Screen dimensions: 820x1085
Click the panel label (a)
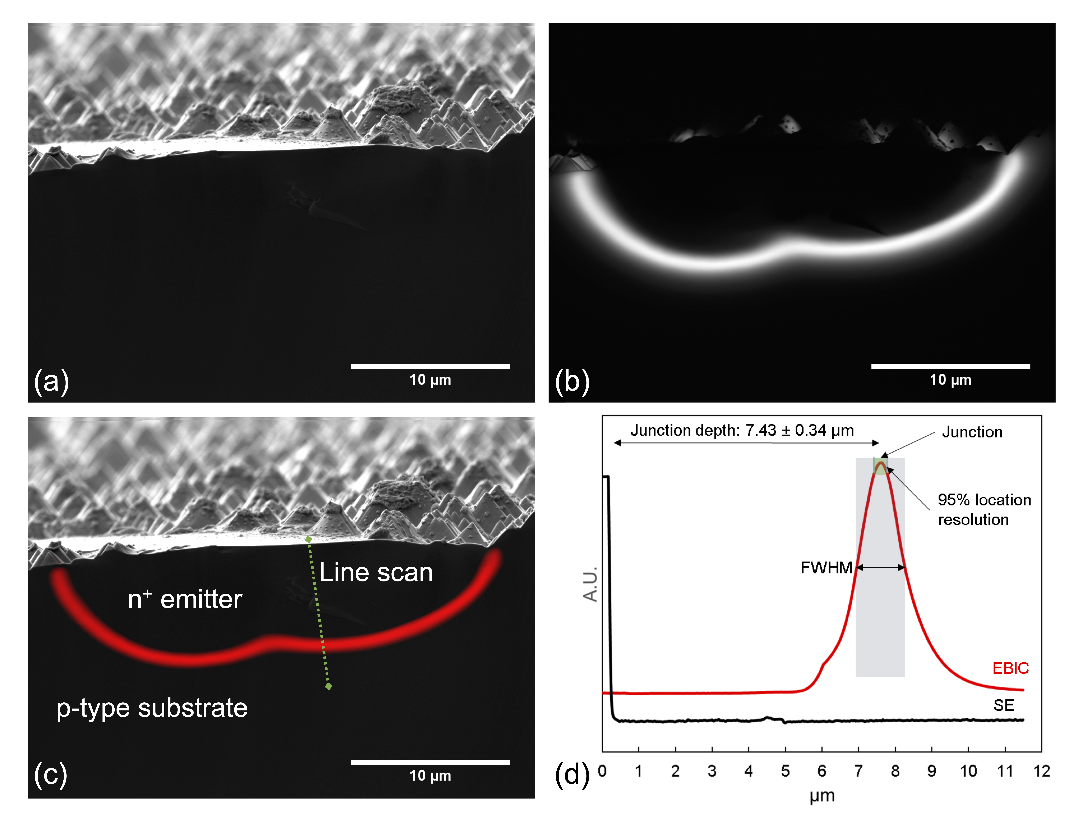point(51,381)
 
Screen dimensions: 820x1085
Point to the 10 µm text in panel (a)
point(430,380)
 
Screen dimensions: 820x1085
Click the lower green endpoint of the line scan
point(329,686)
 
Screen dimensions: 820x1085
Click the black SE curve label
point(1004,706)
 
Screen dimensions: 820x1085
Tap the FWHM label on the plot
point(826,568)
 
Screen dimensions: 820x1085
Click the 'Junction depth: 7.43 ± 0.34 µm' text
point(742,430)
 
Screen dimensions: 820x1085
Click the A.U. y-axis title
point(591,584)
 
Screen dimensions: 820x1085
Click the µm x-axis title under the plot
point(822,796)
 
